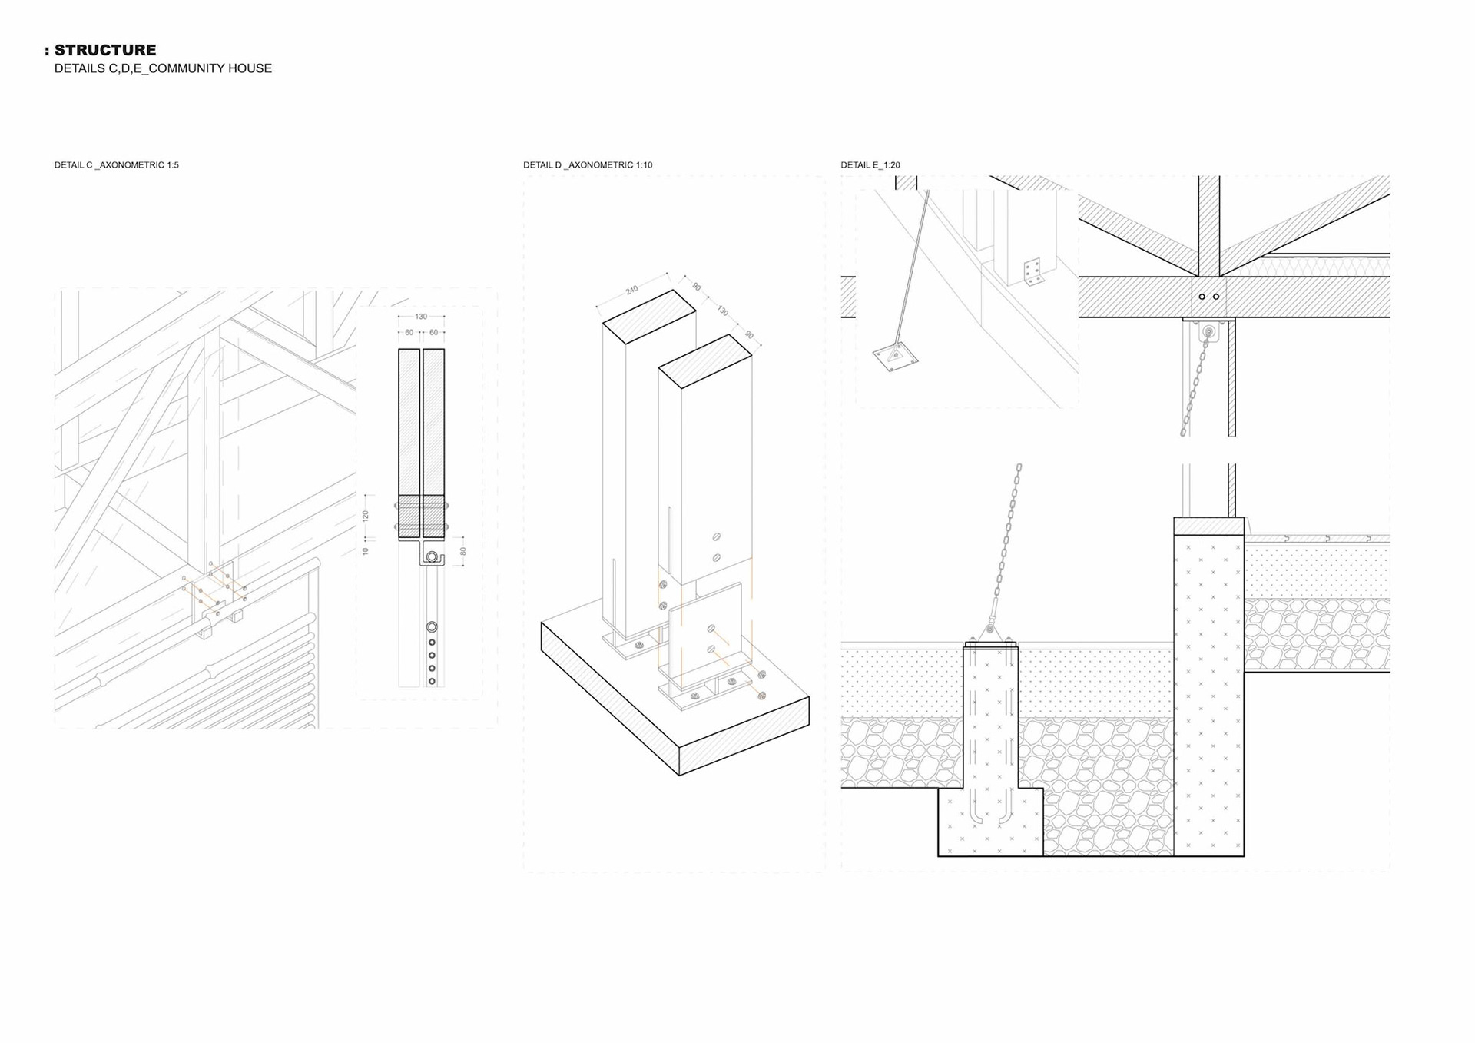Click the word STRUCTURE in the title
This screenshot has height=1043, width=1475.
click(105, 50)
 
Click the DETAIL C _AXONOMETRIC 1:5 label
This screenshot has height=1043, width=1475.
click(116, 165)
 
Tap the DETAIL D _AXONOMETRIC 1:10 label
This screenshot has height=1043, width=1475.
click(588, 165)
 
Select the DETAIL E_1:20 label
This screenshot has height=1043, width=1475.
click(870, 165)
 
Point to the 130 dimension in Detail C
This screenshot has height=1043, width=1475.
click(421, 317)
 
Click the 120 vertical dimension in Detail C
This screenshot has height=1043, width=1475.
click(366, 515)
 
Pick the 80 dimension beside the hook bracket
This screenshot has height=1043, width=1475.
click(463, 551)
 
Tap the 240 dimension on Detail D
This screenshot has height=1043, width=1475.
click(631, 290)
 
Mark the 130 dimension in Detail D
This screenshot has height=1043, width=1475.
click(722, 311)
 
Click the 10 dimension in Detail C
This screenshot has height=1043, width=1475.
click(366, 551)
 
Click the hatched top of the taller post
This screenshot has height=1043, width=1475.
click(649, 316)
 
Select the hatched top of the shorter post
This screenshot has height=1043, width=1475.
click(705, 360)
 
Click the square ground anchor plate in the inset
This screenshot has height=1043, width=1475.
click(895, 357)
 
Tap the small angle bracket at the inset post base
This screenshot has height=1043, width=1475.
click(1032, 272)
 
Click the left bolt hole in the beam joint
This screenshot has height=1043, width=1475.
click(1202, 297)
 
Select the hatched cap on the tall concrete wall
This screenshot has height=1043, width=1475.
click(1208, 526)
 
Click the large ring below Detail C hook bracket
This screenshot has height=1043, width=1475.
click(432, 627)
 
